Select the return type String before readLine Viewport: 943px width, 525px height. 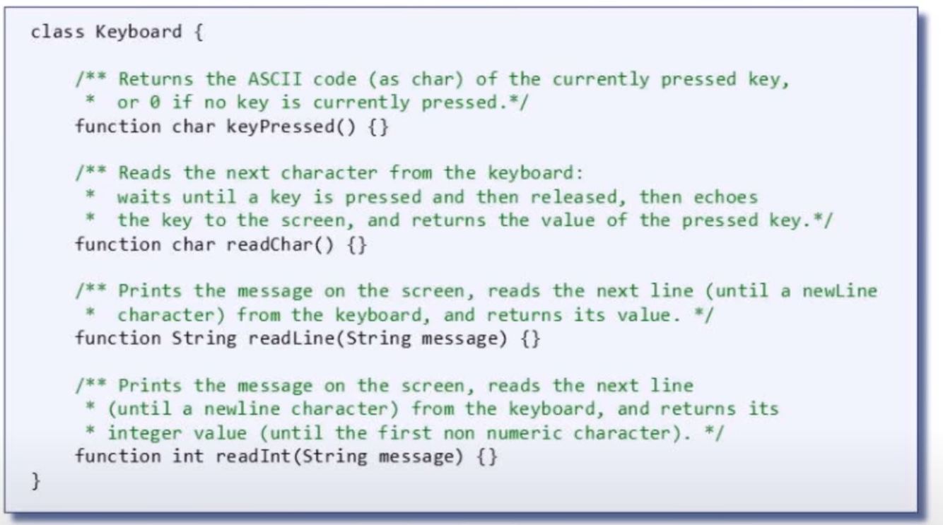[204, 338]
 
